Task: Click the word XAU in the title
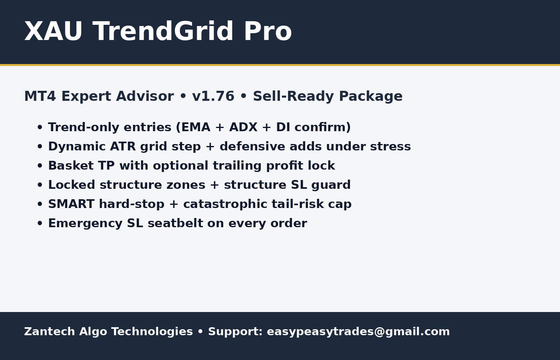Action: point(53,32)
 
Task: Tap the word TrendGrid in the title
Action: point(163,32)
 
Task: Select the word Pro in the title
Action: point(268,32)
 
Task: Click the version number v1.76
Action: point(213,97)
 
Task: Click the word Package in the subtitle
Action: point(371,97)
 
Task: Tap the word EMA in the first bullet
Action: point(196,128)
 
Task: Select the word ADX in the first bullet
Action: point(243,128)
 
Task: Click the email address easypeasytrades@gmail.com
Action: point(358,332)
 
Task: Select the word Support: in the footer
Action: point(235,332)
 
